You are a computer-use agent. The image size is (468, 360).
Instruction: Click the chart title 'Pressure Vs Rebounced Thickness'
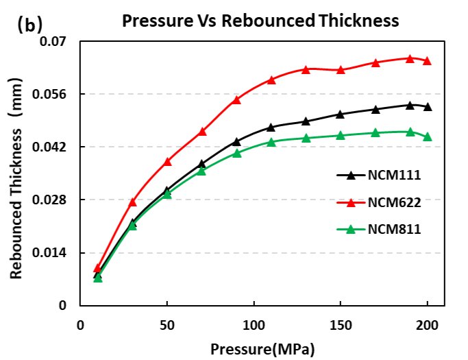coord(260,21)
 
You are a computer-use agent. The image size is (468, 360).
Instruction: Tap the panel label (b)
coord(29,25)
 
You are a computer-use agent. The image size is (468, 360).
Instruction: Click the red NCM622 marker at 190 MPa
coord(410,59)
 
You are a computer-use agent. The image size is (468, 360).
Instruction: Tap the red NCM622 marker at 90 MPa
coord(236,99)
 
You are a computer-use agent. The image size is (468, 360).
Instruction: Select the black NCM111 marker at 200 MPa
coord(428,107)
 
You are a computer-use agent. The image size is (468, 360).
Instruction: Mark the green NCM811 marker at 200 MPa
coord(428,136)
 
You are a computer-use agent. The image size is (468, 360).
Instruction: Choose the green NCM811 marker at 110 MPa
coord(271,143)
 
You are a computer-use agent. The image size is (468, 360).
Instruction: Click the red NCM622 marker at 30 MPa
coord(132,202)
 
